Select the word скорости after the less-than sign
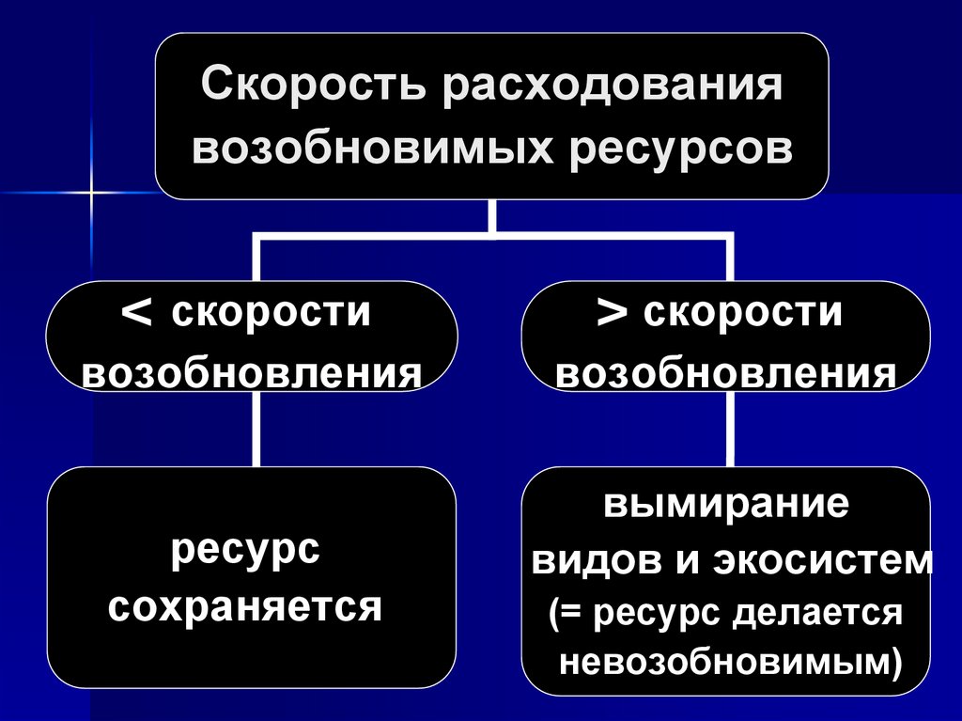pos(270,313)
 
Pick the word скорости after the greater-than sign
pos(743,313)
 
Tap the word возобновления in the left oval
pos(252,374)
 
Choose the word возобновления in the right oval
pos(725,374)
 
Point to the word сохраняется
pos(245,607)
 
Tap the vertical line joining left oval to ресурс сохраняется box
pos(256,430)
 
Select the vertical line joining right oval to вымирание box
pos(728,430)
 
